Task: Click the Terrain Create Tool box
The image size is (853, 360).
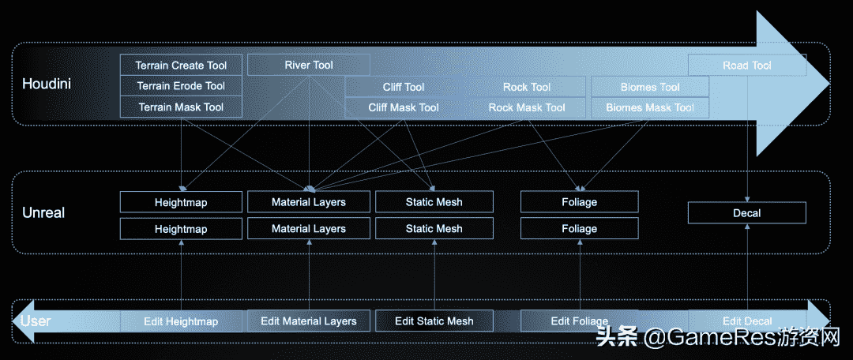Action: pyautogui.click(x=181, y=66)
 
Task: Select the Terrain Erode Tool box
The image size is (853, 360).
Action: pyautogui.click(x=181, y=86)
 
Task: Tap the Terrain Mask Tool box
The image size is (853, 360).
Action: pyautogui.click(x=181, y=107)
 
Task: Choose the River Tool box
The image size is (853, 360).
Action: pyautogui.click(x=309, y=65)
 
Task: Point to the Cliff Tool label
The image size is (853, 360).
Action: pyautogui.click(x=404, y=87)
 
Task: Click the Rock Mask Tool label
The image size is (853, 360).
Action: pyautogui.click(x=527, y=107)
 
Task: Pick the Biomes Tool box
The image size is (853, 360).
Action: pyautogui.click(x=650, y=87)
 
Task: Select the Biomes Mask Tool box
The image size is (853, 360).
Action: pyautogui.click(x=650, y=107)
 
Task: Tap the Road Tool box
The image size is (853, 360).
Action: pyautogui.click(x=747, y=66)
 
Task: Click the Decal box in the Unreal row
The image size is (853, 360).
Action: pyautogui.click(x=747, y=213)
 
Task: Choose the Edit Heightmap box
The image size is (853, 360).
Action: pyautogui.click(x=181, y=321)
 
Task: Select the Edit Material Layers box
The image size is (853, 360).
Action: pyautogui.click(x=309, y=321)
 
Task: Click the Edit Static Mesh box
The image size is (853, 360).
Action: pyautogui.click(x=434, y=321)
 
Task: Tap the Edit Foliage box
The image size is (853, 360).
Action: pyautogui.click(x=580, y=321)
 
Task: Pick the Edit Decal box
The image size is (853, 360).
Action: pyautogui.click(x=747, y=321)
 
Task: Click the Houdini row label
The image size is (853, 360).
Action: pyautogui.click(x=47, y=83)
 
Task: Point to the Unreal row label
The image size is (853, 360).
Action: pyautogui.click(x=43, y=213)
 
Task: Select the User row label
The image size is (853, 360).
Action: pyautogui.click(x=36, y=321)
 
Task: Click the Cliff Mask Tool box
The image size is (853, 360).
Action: pyautogui.click(x=404, y=107)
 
